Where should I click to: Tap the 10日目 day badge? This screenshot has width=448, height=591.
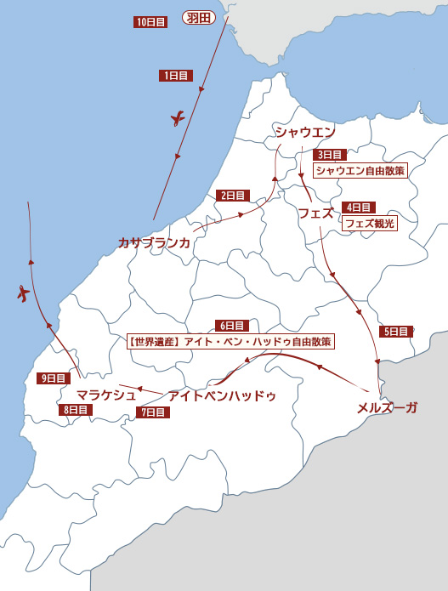click(x=150, y=22)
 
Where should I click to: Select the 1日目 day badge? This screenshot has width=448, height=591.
click(x=175, y=76)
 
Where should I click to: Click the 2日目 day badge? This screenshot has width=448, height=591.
click(x=232, y=195)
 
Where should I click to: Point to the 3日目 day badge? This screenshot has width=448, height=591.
click(x=329, y=155)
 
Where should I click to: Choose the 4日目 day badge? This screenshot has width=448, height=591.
click(x=358, y=207)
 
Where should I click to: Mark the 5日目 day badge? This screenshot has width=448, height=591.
click(x=395, y=332)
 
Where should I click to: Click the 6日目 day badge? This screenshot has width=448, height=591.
click(x=231, y=326)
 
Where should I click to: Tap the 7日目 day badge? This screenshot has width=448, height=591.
click(x=152, y=412)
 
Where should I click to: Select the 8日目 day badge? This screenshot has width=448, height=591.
click(x=76, y=409)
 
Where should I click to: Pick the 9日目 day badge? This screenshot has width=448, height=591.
click(x=53, y=378)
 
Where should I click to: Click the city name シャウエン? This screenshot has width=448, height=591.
click(x=304, y=132)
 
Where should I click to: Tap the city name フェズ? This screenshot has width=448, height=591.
click(x=315, y=213)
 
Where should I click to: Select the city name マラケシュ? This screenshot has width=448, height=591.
click(x=106, y=394)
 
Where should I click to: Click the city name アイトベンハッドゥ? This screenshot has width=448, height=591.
click(x=222, y=395)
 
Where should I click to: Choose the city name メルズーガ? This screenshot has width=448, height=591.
click(x=387, y=407)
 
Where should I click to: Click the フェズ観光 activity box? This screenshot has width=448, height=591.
click(x=369, y=223)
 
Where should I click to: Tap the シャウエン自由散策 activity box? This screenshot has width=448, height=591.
click(x=360, y=170)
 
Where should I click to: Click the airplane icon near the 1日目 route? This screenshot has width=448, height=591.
click(x=178, y=118)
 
